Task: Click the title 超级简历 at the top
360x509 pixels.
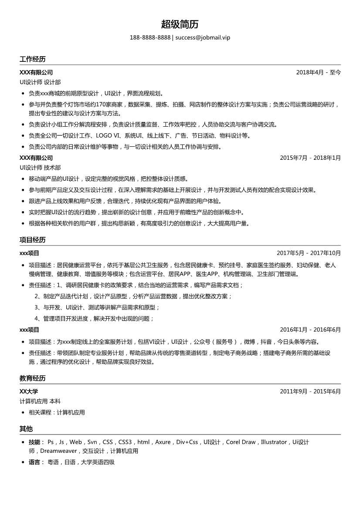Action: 180,24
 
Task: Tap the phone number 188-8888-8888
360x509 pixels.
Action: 150,37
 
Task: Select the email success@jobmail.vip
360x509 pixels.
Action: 203,37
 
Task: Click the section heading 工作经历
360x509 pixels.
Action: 32,59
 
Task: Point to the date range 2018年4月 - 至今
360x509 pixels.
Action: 319,72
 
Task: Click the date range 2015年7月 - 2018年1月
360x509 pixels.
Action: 310,158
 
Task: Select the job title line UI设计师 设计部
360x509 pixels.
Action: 40,82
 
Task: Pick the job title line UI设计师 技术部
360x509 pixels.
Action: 40,167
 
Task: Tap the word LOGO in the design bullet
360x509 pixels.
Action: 105,136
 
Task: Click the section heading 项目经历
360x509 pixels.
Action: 32,240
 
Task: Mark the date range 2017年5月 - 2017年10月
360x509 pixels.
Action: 309,253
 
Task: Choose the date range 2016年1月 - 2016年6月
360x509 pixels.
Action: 310,330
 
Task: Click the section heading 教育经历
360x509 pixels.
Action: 32,378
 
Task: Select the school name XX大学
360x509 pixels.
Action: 29,391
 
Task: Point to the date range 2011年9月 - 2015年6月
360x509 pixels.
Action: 310,391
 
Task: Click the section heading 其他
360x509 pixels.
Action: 26,429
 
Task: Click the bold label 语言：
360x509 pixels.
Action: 36,462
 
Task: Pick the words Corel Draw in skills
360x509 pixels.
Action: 241,442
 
